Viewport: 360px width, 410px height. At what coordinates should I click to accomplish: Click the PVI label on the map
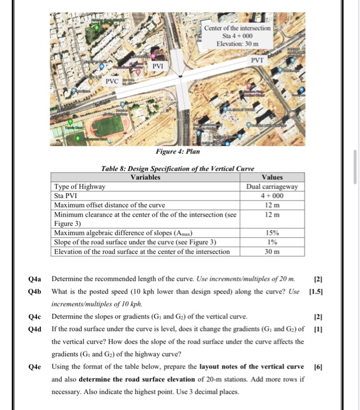point(158,67)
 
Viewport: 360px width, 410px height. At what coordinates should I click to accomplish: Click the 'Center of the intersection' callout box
point(237,36)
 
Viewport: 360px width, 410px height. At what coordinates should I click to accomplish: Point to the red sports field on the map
point(108,126)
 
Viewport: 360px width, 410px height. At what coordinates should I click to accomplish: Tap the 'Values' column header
point(273,177)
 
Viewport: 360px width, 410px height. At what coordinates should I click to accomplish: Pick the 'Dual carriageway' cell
point(273,186)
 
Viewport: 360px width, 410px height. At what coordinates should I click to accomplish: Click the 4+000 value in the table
point(273,196)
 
